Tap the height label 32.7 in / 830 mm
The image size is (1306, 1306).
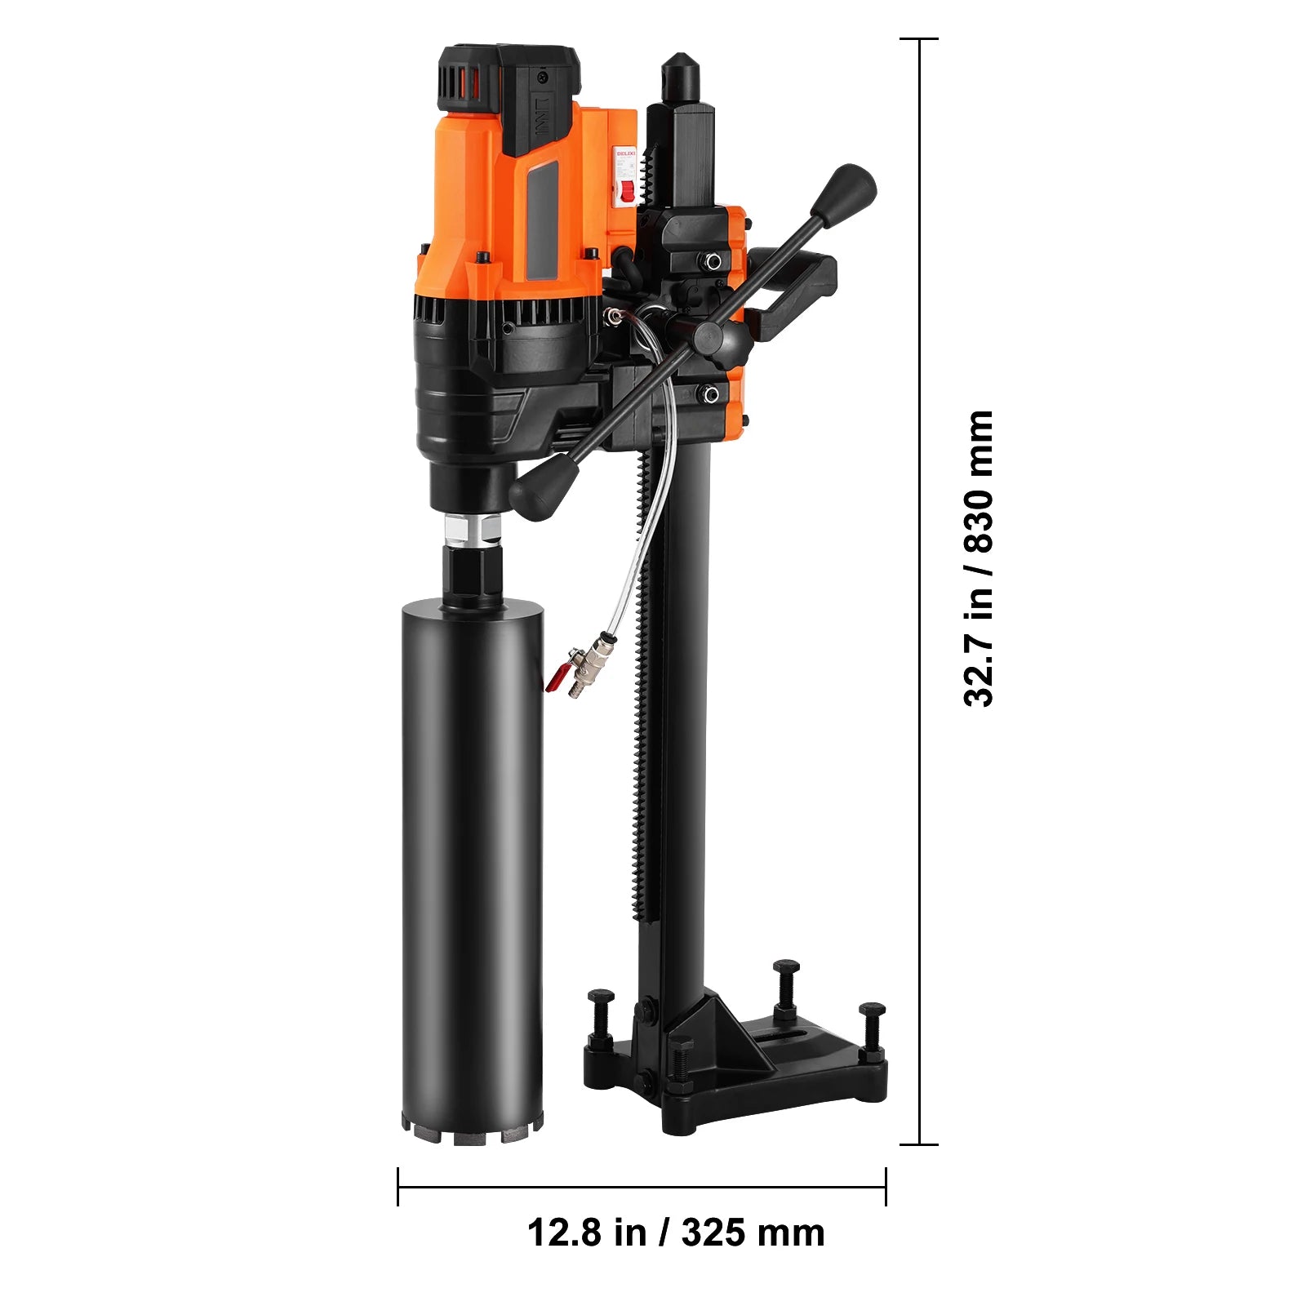978,558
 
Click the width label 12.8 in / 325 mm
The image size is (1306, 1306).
676,1232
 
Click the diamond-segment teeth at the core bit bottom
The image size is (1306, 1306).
472,1133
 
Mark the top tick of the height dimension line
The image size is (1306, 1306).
919,38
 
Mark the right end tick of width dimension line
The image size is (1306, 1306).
886,1186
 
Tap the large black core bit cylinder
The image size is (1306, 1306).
473,857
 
